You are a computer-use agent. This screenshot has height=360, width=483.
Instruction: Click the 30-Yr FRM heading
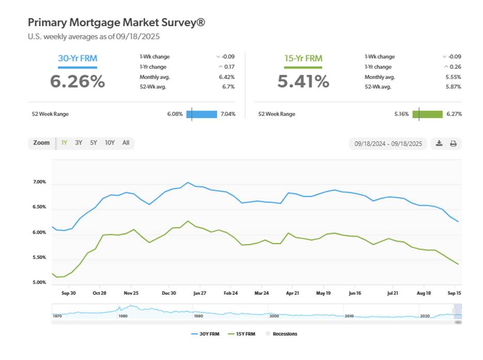(x=77, y=58)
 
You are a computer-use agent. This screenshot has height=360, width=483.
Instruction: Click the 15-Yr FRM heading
(x=303, y=58)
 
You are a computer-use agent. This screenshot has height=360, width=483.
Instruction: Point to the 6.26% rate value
(x=77, y=81)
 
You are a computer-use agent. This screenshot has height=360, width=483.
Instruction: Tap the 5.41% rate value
(x=303, y=81)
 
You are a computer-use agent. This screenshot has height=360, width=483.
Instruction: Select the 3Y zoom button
(x=78, y=143)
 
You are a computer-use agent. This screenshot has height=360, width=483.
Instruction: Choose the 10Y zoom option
(x=109, y=143)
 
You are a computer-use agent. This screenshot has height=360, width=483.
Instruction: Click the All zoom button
(x=126, y=143)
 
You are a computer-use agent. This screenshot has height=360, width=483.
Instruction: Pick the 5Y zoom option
(x=93, y=143)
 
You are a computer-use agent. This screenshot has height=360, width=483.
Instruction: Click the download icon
(x=439, y=143)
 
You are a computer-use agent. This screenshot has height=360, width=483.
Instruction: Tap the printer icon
(x=454, y=143)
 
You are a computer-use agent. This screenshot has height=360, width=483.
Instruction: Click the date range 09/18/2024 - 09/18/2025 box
(x=388, y=143)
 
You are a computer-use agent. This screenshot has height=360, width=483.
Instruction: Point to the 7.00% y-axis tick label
(x=39, y=183)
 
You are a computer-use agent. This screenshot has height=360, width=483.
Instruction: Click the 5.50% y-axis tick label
(x=39, y=258)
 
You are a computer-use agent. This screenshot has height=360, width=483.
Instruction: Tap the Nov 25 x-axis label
(x=131, y=292)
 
